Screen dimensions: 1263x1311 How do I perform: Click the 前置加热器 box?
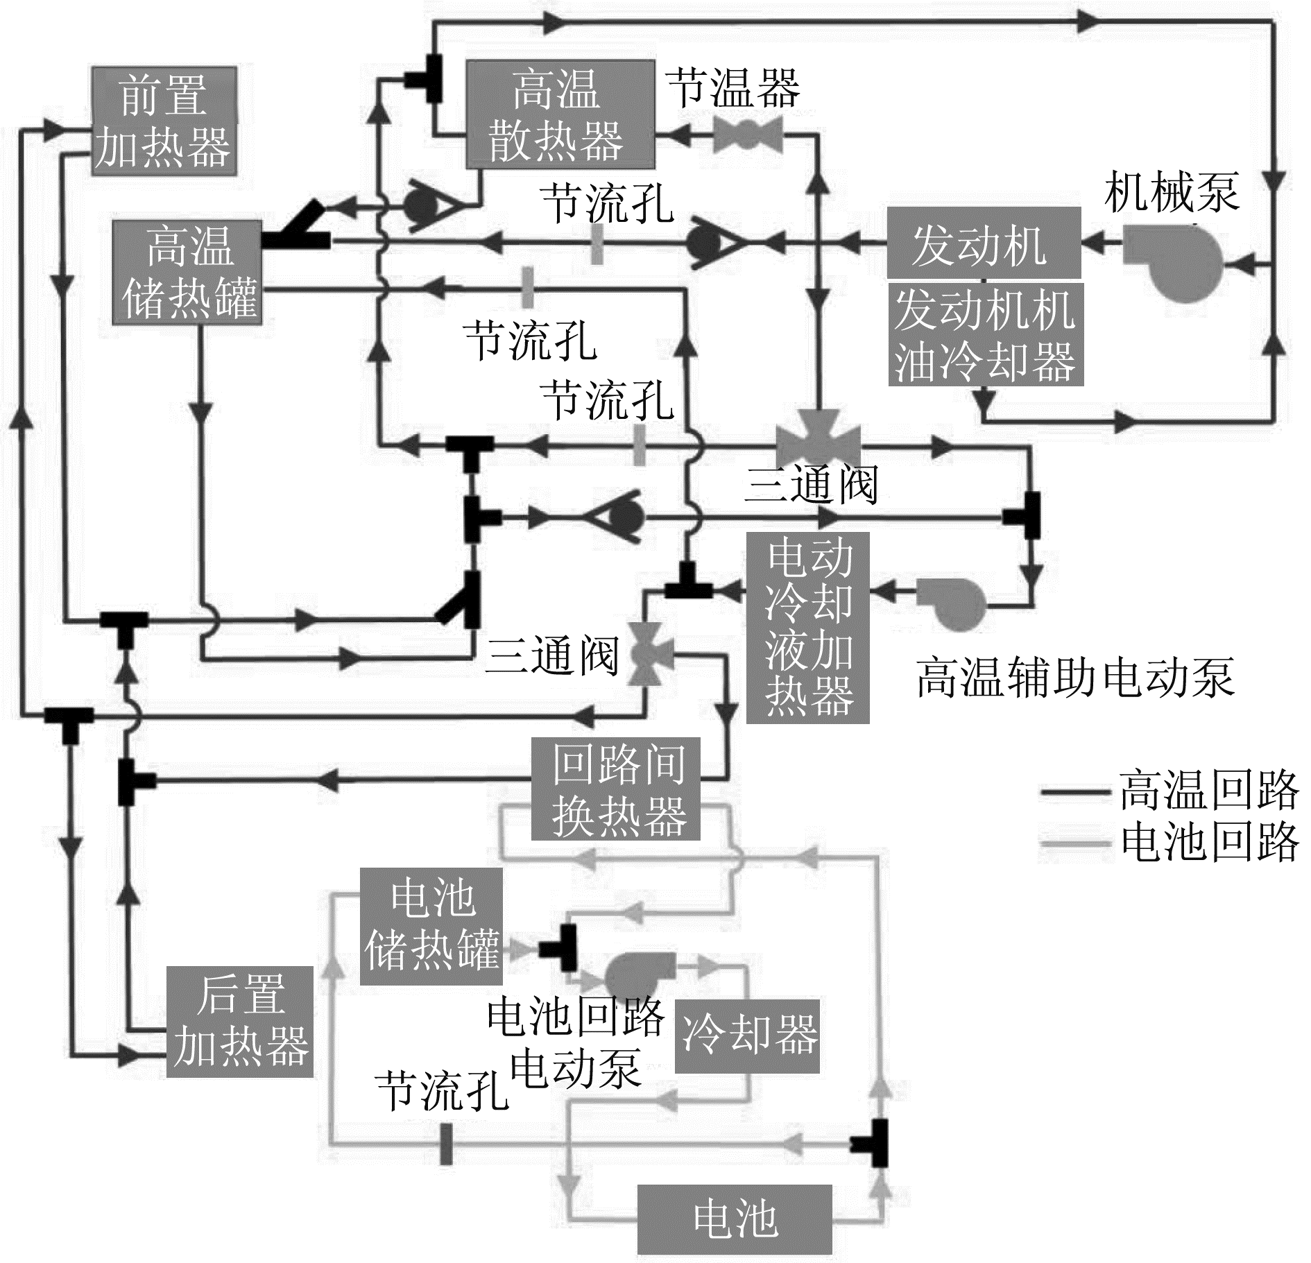[x=164, y=122]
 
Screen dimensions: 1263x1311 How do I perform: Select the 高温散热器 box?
[x=559, y=114]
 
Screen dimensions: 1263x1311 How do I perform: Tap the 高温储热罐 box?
[x=187, y=273]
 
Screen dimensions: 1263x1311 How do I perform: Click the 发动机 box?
[x=983, y=243]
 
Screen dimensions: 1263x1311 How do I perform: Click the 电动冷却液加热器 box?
[x=808, y=628]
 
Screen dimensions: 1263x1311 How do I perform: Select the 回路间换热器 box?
[x=616, y=789]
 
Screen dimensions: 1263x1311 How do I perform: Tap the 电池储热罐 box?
[x=431, y=926]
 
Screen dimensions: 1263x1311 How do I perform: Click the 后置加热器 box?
[x=239, y=1021]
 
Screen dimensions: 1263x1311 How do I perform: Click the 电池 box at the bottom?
[x=734, y=1219]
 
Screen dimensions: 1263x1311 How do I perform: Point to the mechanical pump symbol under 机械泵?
[x=1172, y=263]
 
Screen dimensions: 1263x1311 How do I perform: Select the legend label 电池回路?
[x=1208, y=842]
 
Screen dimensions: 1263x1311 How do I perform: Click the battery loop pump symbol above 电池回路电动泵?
[x=636, y=975]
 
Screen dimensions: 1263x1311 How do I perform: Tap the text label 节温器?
[x=733, y=88]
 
